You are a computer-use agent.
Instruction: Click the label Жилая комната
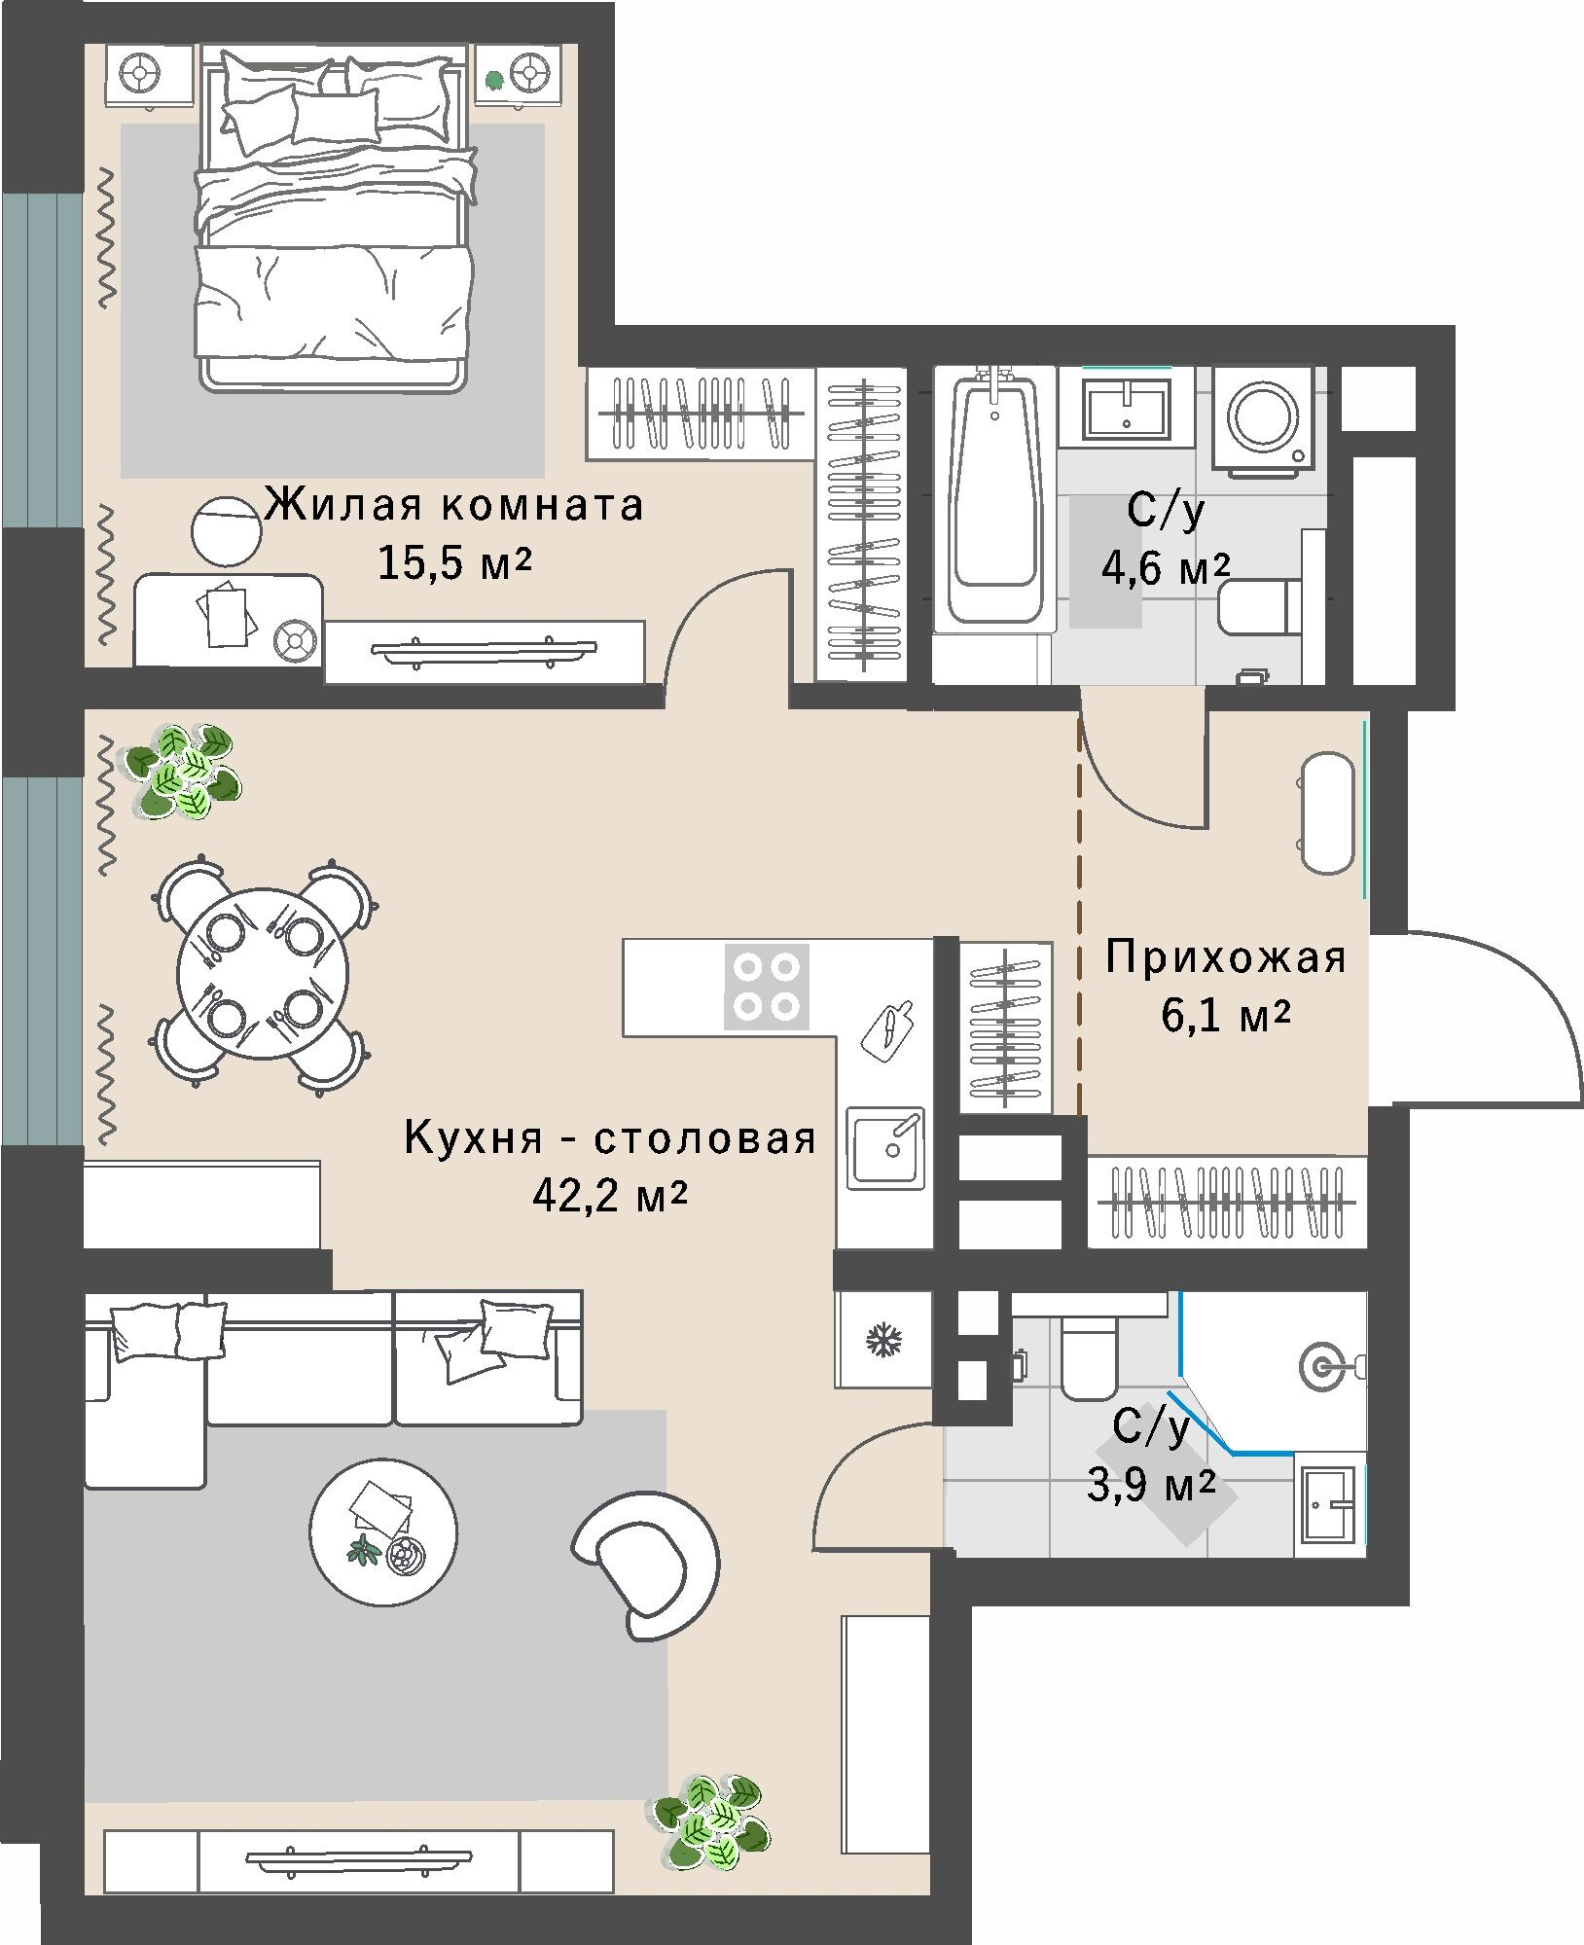[x=455, y=506]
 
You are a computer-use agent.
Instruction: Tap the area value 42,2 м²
[x=610, y=1196]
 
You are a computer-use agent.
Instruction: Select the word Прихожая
[x=1226, y=958]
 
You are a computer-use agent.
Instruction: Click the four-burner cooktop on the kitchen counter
[x=767, y=987]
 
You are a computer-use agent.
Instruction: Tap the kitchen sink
[x=885, y=1147]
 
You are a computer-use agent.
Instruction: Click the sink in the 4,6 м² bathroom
[x=1125, y=408]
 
